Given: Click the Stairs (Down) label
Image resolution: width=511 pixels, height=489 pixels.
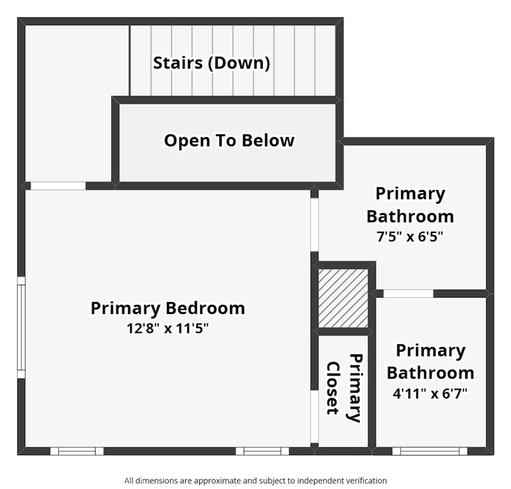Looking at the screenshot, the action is [x=212, y=63].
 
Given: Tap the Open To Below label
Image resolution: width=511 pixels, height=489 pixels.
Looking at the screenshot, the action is [x=229, y=140].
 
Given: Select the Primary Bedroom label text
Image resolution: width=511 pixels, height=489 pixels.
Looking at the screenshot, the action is [x=168, y=308].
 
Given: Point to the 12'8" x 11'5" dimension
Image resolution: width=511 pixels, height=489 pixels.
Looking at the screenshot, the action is [x=168, y=328].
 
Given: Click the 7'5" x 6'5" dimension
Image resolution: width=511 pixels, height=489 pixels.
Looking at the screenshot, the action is [x=410, y=236].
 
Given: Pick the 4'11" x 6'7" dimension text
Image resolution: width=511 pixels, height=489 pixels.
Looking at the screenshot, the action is [x=430, y=394].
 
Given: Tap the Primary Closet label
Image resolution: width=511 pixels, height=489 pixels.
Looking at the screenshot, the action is [x=345, y=388].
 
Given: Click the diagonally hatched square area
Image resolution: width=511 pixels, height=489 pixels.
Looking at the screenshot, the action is [x=343, y=298].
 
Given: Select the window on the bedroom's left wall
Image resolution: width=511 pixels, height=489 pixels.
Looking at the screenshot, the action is [x=21, y=328].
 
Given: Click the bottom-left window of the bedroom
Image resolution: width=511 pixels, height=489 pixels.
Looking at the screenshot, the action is [x=77, y=451].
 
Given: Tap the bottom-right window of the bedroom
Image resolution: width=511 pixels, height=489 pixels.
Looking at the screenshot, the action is [x=262, y=451].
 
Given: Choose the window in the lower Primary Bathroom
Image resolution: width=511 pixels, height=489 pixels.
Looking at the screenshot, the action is [x=430, y=451].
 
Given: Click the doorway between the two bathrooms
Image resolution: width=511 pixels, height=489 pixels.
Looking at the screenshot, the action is [x=408, y=293].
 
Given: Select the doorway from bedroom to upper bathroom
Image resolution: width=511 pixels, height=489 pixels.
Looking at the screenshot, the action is [x=315, y=225].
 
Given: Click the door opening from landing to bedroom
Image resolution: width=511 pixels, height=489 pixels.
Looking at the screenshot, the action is [x=58, y=186].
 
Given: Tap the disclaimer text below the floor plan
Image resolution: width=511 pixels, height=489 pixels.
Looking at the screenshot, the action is [x=255, y=481].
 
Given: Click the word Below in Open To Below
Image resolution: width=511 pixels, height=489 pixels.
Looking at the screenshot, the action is [x=268, y=140].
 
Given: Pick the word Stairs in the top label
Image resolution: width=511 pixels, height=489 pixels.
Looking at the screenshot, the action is [x=178, y=63].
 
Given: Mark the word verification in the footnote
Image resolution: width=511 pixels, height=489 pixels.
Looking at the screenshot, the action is [x=365, y=481].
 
